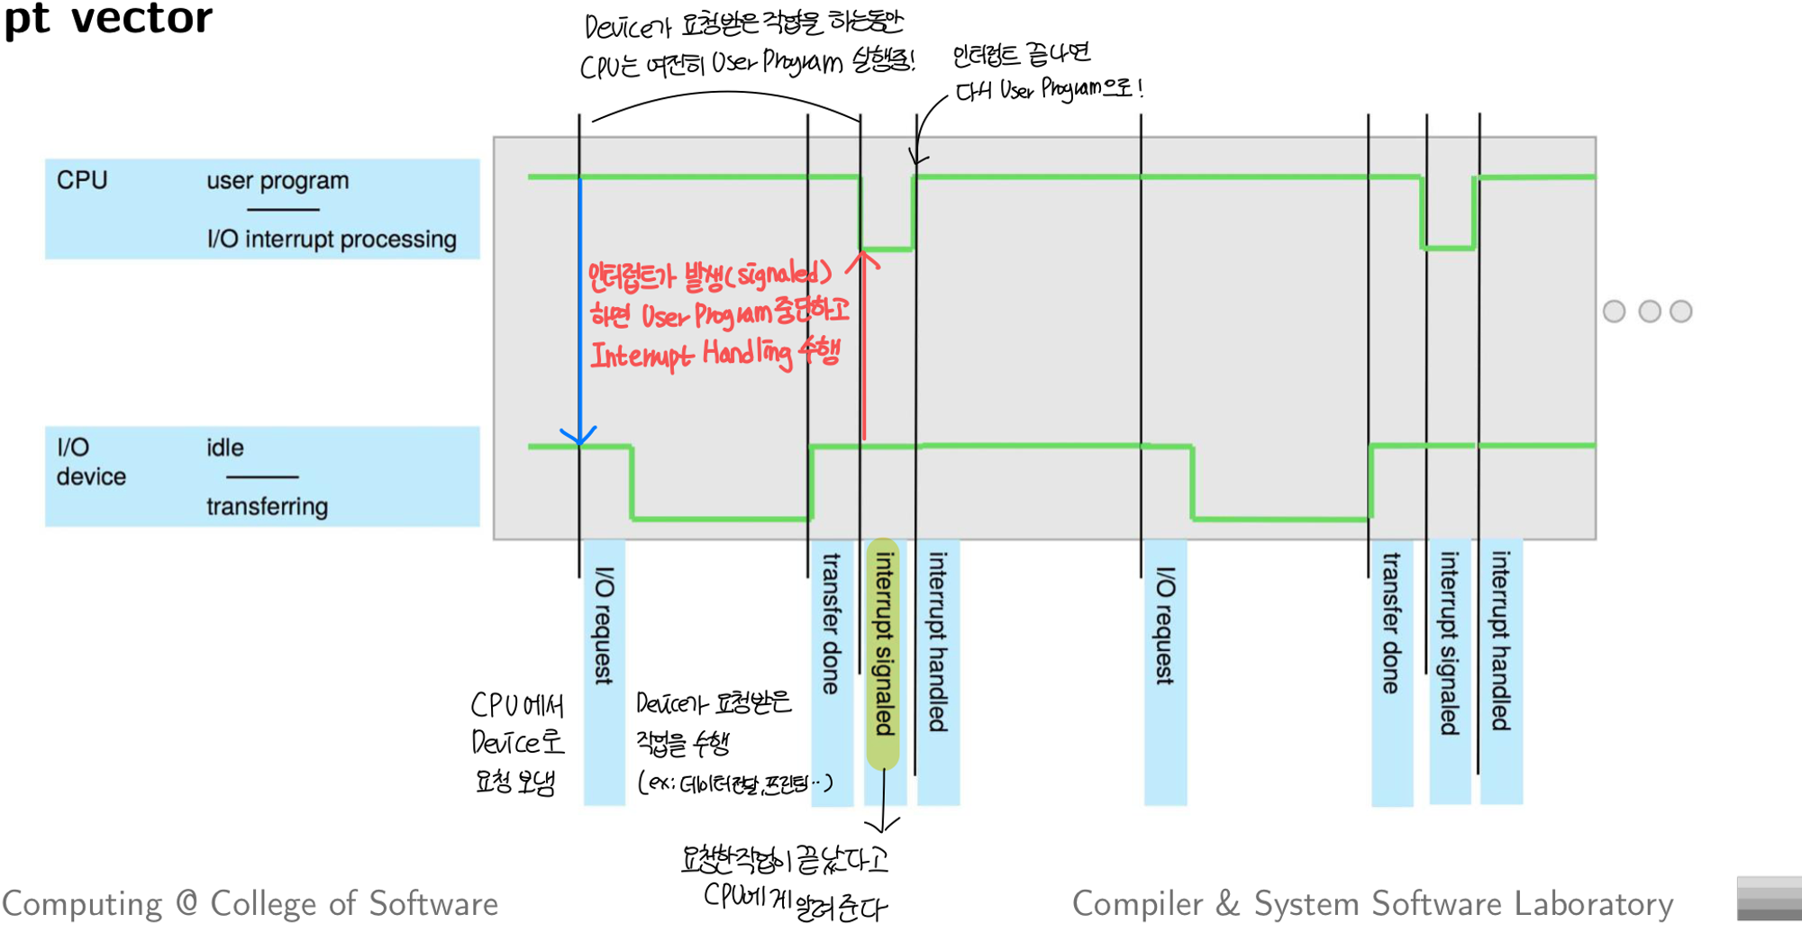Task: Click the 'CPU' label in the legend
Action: (82, 180)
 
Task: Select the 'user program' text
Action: (278, 181)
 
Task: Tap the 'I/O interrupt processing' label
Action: (332, 240)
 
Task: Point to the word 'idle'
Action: (225, 448)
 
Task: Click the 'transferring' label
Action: (267, 507)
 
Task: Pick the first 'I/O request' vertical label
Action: (605, 625)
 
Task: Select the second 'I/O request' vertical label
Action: (1165, 625)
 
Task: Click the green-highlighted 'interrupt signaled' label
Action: (885, 643)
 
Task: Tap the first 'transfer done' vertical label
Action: (831, 623)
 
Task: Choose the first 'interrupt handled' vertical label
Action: (938, 641)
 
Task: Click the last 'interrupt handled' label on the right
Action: (1500, 641)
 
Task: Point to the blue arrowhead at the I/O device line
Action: (578, 438)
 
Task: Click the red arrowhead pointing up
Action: (863, 260)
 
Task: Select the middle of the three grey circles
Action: (1650, 312)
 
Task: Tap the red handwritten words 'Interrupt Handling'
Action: (691, 354)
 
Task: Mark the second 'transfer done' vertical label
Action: (1391, 623)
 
